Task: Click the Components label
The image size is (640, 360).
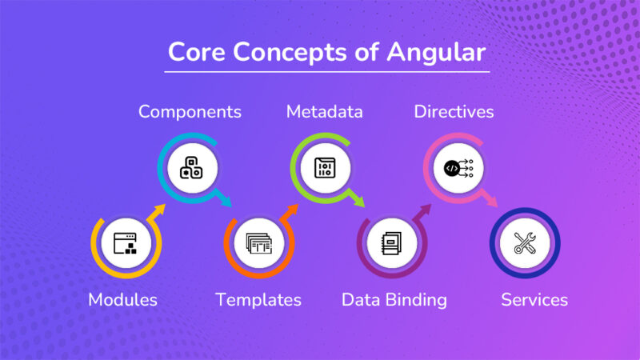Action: coord(190,111)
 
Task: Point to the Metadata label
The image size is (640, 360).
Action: coord(324,111)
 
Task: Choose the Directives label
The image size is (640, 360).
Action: coord(454,111)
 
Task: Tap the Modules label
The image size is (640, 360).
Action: coord(122,300)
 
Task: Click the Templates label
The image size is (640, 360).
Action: coord(258,300)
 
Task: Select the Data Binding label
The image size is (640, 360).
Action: coord(394,300)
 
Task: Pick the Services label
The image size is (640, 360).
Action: coord(534,300)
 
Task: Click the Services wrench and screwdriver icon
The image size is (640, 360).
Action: coord(525,242)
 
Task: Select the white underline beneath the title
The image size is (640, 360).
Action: coord(326,72)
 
